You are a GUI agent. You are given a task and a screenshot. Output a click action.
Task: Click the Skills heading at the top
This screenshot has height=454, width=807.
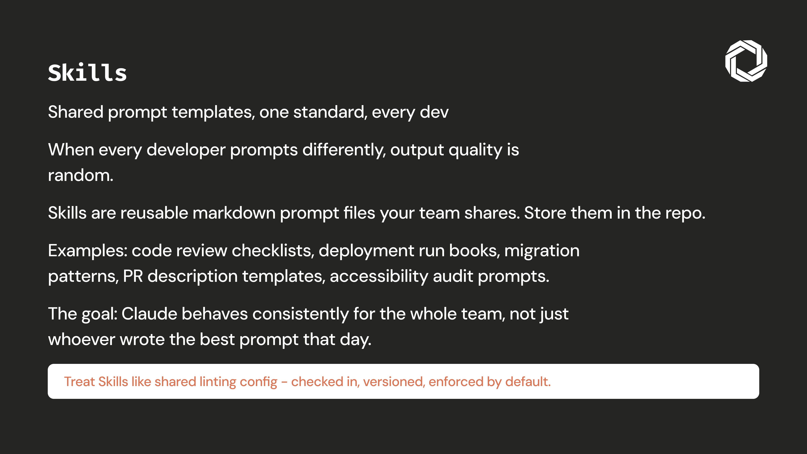click(x=87, y=73)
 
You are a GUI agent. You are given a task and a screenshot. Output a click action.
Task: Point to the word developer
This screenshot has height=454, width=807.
click(x=186, y=150)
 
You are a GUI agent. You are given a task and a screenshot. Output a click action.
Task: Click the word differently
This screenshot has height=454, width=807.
click(x=344, y=150)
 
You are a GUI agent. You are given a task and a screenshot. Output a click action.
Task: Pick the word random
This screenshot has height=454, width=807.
click(x=81, y=175)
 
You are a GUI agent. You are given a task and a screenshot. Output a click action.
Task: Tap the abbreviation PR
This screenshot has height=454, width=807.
click(x=133, y=276)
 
